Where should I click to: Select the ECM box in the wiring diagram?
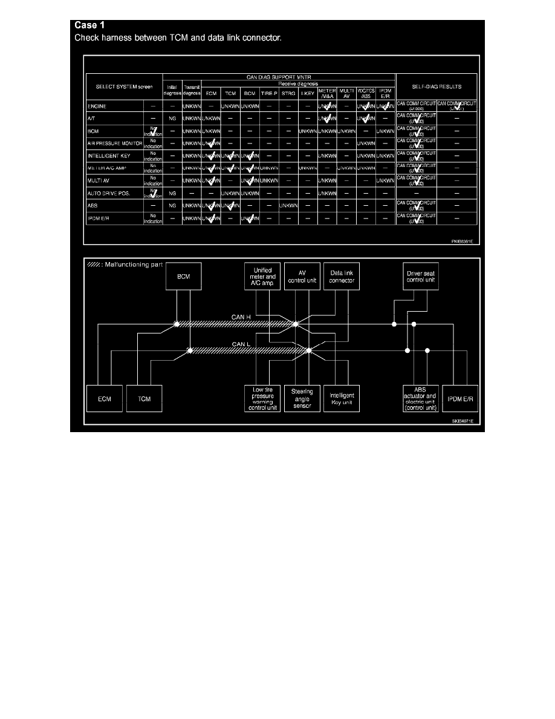[104, 399]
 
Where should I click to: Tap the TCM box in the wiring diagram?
[144, 399]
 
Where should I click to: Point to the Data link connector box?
[342, 276]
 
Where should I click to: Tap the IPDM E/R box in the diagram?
[460, 399]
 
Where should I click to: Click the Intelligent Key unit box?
[342, 399]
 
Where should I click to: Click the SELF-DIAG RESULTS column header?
[437, 87]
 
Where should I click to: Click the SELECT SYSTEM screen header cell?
[125, 87]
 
